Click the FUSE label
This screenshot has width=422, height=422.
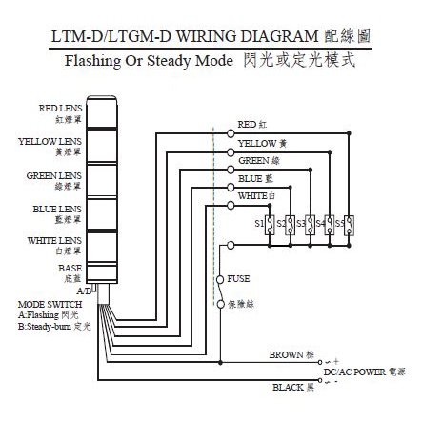[239, 279]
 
